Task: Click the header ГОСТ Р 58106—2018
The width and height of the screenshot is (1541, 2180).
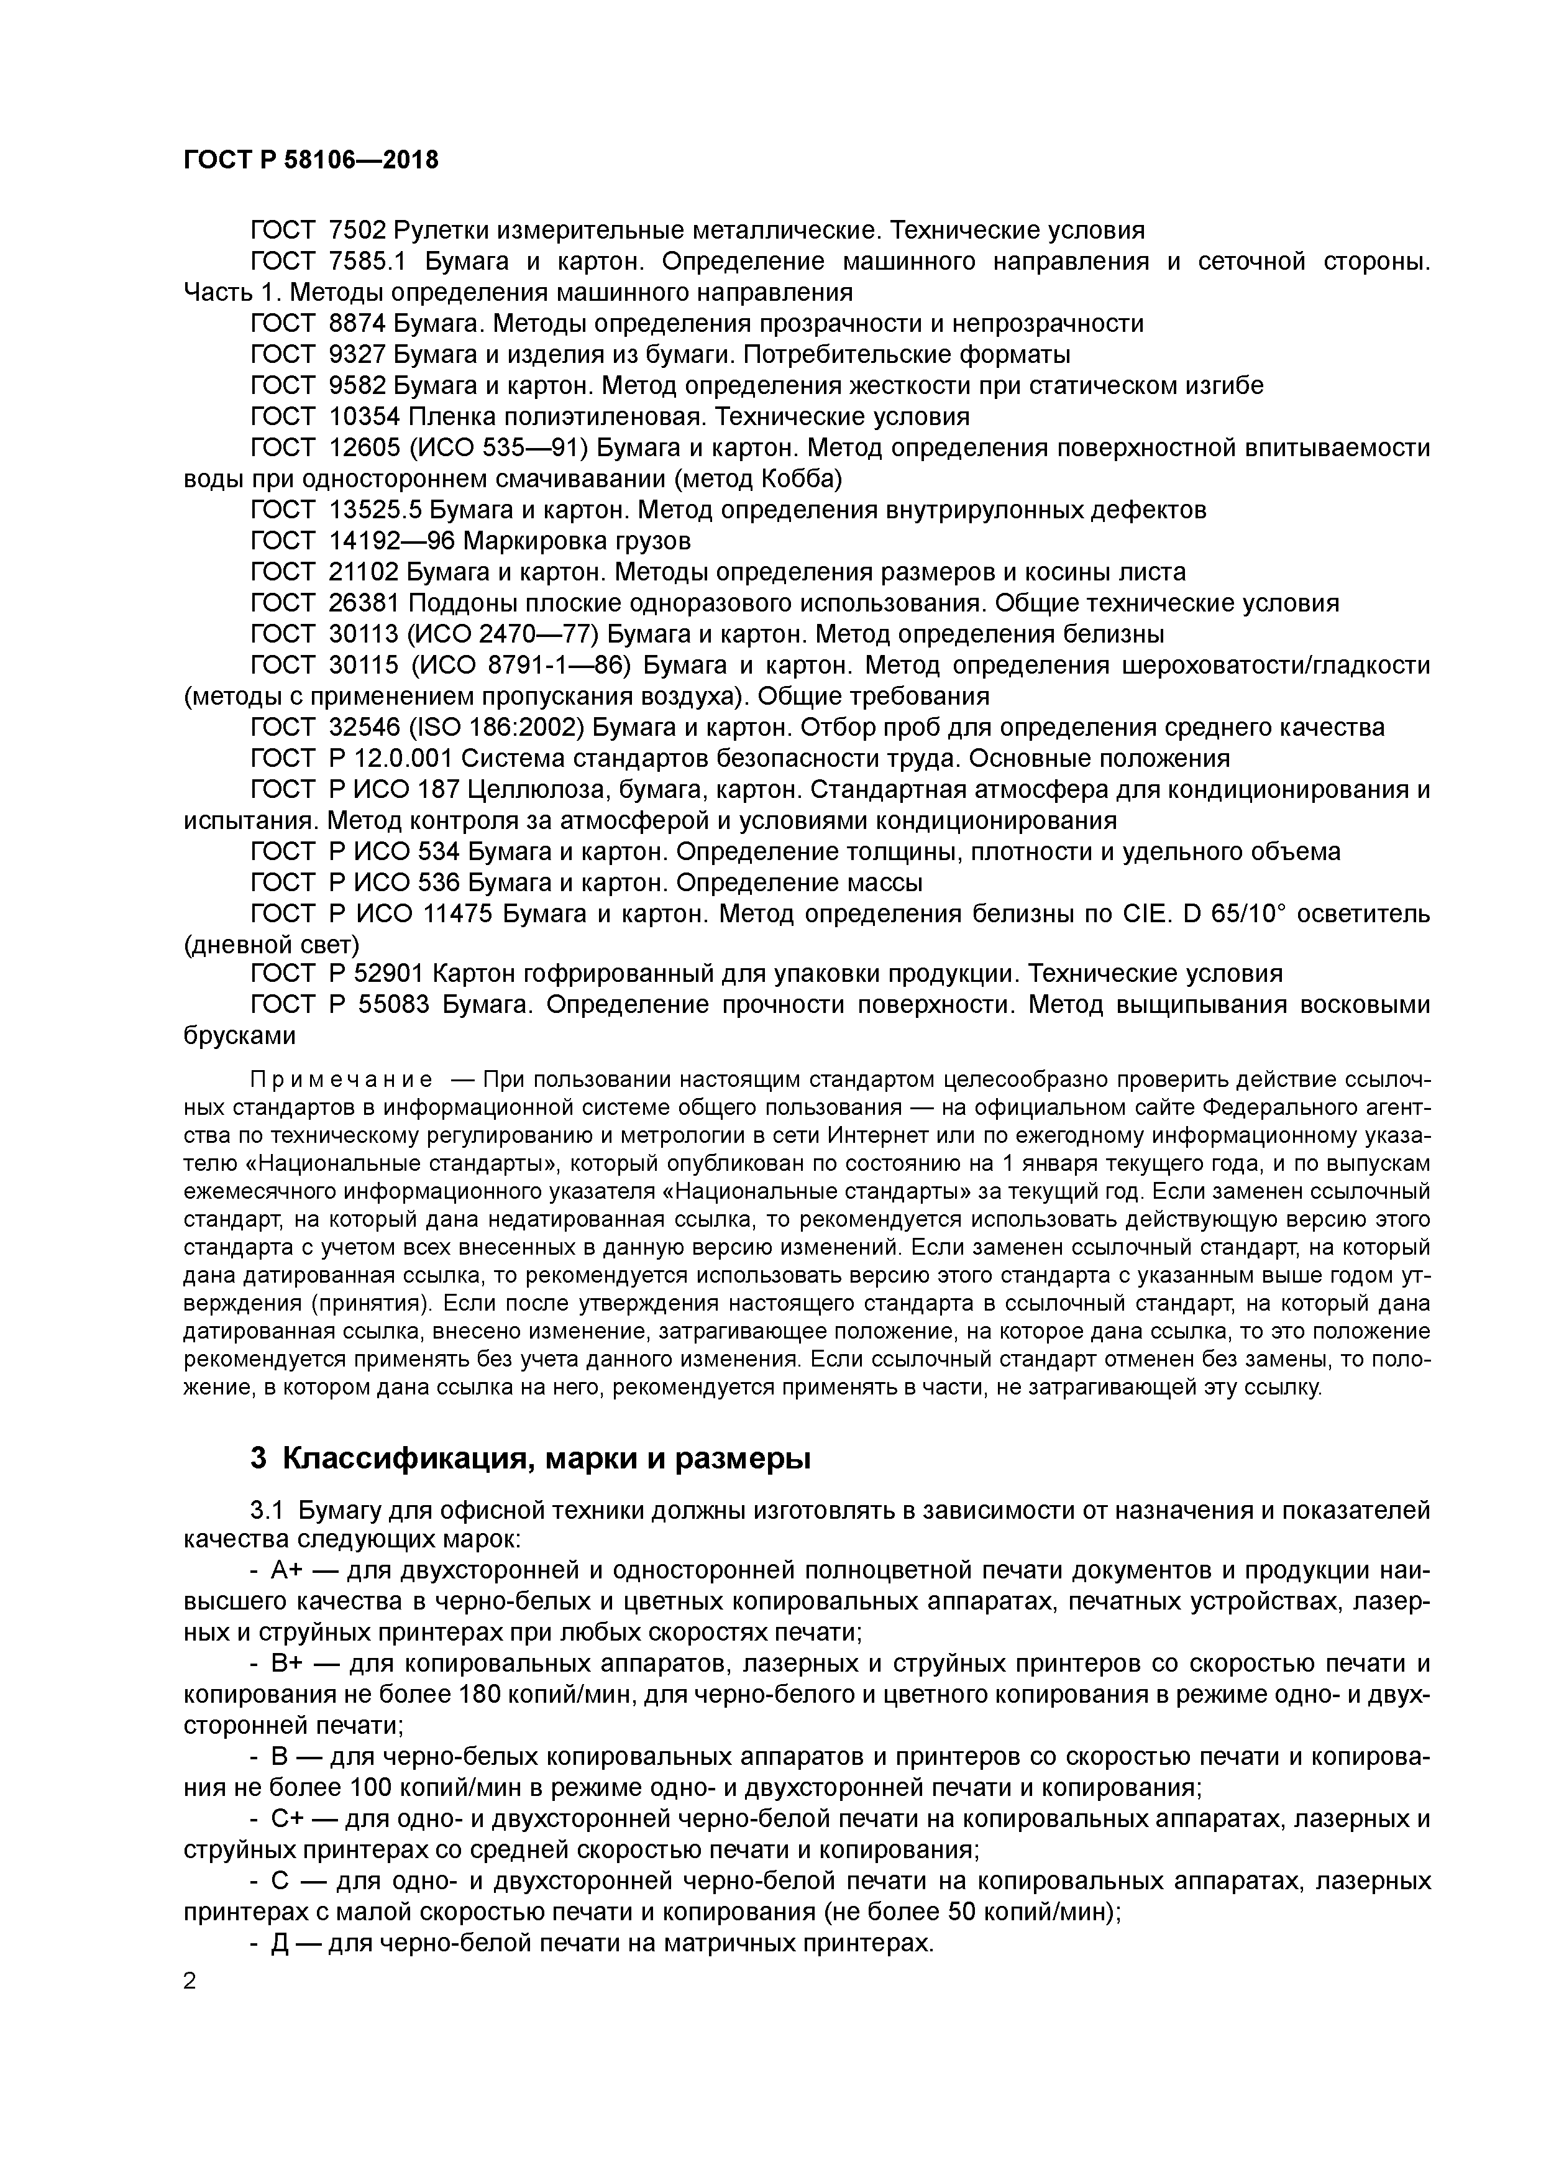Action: click(311, 160)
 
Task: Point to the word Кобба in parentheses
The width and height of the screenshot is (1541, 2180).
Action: click(798, 478)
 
